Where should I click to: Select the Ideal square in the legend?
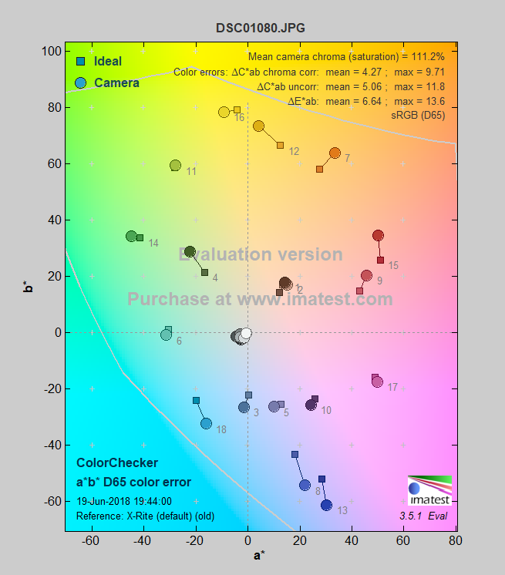[x=81, y=62]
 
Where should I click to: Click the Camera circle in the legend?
[x=81, y=82]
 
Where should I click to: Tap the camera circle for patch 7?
[x=335, y=153]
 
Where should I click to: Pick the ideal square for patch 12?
[x=280, y=145]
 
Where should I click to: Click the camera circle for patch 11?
[x=175, y=166]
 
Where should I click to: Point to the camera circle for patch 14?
[x=131, y=237]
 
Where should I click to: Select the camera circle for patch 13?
[x=326, y=505]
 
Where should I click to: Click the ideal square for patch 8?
[x=295, y=455]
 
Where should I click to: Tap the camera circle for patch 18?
[x=206, y=423]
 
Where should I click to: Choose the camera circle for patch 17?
[x=377, y=382]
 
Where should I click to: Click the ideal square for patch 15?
[x=380, y=260]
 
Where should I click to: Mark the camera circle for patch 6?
[x=166, y=335]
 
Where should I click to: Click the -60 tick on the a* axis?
[x=90, y=542]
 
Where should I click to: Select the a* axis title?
[x=260, y=557]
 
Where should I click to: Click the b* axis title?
[x=29, y=287]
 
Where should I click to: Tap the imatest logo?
[x=429, y=492]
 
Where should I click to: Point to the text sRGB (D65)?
[x=418, y=115]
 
